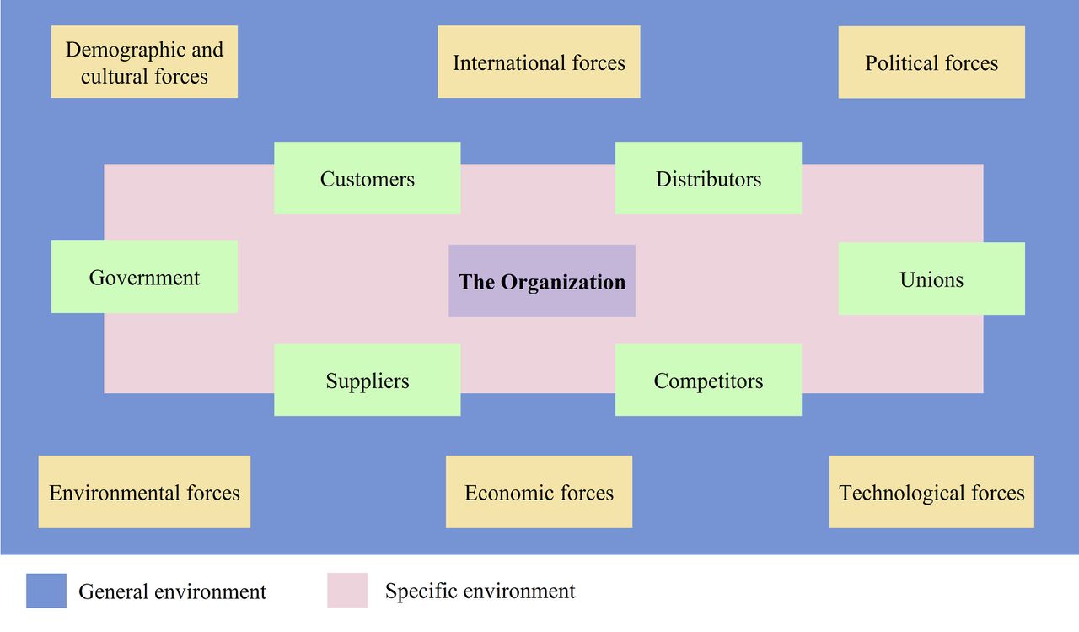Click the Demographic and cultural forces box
(144, 62)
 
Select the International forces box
(539, 62)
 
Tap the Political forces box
(931, 62)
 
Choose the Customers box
(368, 178)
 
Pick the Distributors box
(708, 178)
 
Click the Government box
(144, 277)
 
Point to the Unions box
(931, 278)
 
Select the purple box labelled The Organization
(542, 281)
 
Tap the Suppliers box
(368, 380)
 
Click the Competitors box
(708, 380)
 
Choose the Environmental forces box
(144, 492)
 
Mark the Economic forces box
(539, 492)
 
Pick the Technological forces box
(931, 492)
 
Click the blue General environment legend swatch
(46, 591)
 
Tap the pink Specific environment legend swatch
(347, 591)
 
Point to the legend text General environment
(172, 591)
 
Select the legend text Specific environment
(480, 591)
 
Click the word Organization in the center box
(563, 282)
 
